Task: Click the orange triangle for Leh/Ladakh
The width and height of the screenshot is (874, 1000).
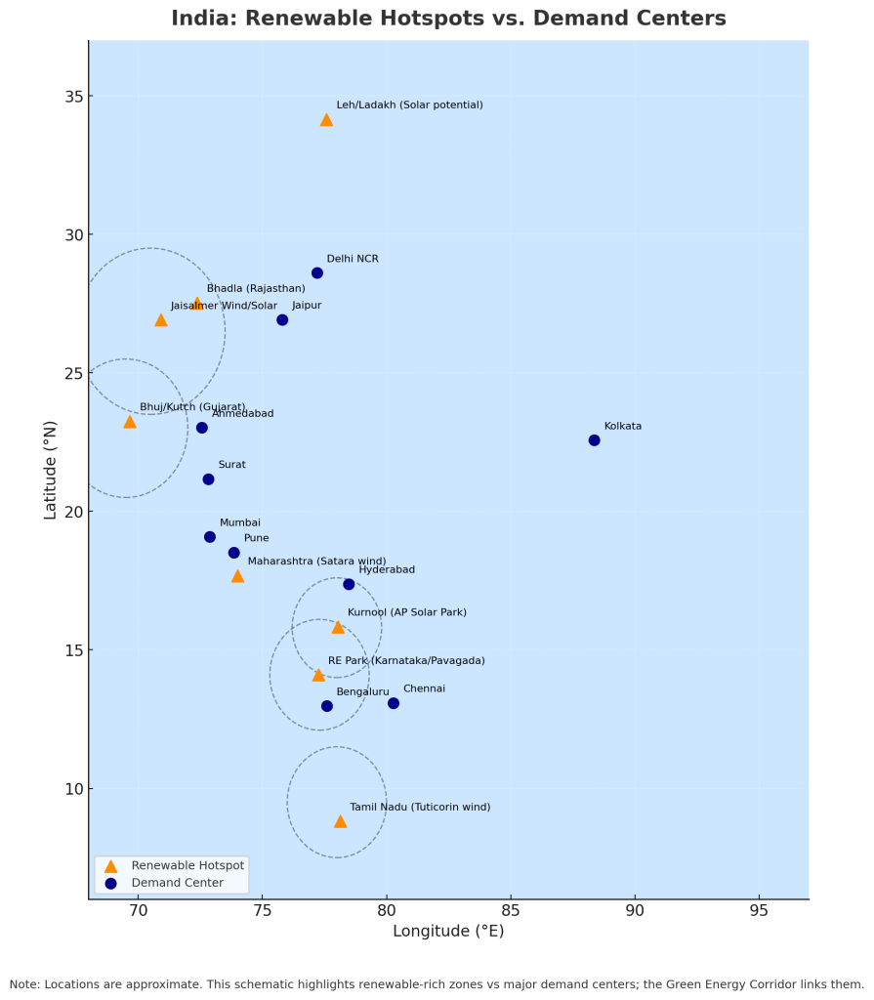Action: pyautogui.click(x=326, y=119)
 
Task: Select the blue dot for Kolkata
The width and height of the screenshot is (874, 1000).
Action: pyautogui.click(x=594, y=440)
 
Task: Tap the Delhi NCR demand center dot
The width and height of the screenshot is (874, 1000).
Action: pyautogui.click(x=317, y=273)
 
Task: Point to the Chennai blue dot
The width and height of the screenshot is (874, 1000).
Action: pyautogui.click(x=394, y=703)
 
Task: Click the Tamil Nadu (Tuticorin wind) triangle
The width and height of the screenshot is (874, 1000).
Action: pyautogui.click(x=340, y=821)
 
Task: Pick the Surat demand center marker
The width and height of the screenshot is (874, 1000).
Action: pyautogui.click(x=208, y=479)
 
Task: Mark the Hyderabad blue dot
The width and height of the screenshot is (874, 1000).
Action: pyautogui.click(x=349, y=584)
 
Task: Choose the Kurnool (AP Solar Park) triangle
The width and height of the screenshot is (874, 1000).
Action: pyautogui.click(x=338, y=627)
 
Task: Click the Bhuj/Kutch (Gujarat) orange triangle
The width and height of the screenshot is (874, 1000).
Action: pyautogui.click(x=130, y=422)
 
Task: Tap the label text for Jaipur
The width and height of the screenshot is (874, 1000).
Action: pyautogui.click(x=307, y=306)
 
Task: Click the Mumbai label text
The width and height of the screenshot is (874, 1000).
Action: pyautogui.click(x=240, y=523)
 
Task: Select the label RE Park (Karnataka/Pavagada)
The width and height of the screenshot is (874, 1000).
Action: pyautogui.click(x=406, y=661)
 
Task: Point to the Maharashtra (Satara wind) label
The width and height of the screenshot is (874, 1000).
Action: pyautogui.click(x=316, y=562)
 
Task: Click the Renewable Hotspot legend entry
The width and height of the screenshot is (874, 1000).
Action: pyautogui.click(x=187, y=865)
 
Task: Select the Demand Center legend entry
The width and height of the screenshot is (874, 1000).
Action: pyautogui.click(x=177, y=883)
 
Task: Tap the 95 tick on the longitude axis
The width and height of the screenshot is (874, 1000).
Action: pyautogui.click(x=759, y=911)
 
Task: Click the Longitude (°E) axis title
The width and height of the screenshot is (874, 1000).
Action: pyautogui.click(x=448, y=932)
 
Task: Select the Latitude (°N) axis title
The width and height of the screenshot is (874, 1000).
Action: pyautogui.click(x=51, y=469)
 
